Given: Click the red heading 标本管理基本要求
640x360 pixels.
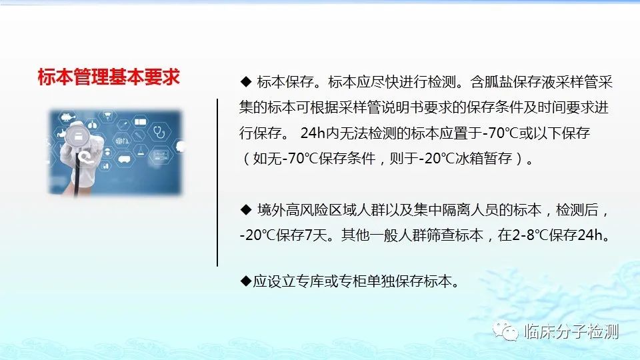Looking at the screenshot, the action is point(109,77).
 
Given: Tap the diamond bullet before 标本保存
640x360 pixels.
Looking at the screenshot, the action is point(246,82).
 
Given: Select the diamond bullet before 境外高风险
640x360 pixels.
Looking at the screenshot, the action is point(246,210).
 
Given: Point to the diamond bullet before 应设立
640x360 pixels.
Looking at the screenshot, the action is point(246,281).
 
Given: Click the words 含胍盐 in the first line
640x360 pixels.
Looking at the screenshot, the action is point(491,82).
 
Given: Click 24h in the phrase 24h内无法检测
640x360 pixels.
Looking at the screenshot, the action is point(313,133).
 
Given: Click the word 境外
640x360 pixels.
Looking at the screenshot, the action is point(271,210).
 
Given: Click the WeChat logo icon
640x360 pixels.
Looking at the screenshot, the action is point(505,331).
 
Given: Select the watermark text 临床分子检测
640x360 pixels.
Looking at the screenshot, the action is point(572,331).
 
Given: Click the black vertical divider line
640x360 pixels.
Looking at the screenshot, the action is point(217,183).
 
